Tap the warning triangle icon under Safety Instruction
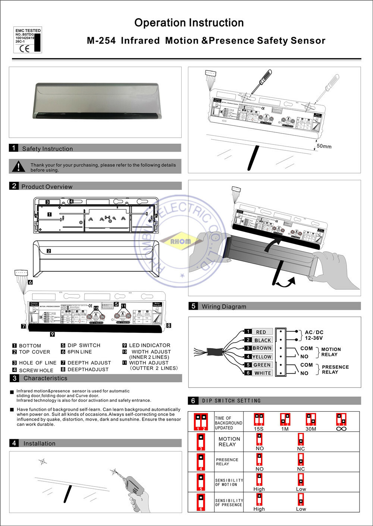(18, 167)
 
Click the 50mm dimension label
(324, 146)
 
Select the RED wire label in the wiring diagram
(261, 332)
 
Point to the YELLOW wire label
(262, 357)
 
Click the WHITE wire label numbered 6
(263, 373)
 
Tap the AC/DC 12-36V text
(314, 335)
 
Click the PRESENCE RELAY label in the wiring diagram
(335, 369)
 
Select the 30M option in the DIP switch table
(311, 429)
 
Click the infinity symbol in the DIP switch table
(341, 429)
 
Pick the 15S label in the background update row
(258, 429)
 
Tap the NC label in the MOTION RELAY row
(301, 449)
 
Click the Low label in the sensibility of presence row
(301, 509)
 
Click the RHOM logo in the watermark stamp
(181, 241)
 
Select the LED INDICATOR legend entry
(149, 345)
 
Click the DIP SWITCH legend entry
(84, 345)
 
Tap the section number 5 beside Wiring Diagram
(193, 306)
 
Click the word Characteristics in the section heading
(46, 378)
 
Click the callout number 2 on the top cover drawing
(49, 251)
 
